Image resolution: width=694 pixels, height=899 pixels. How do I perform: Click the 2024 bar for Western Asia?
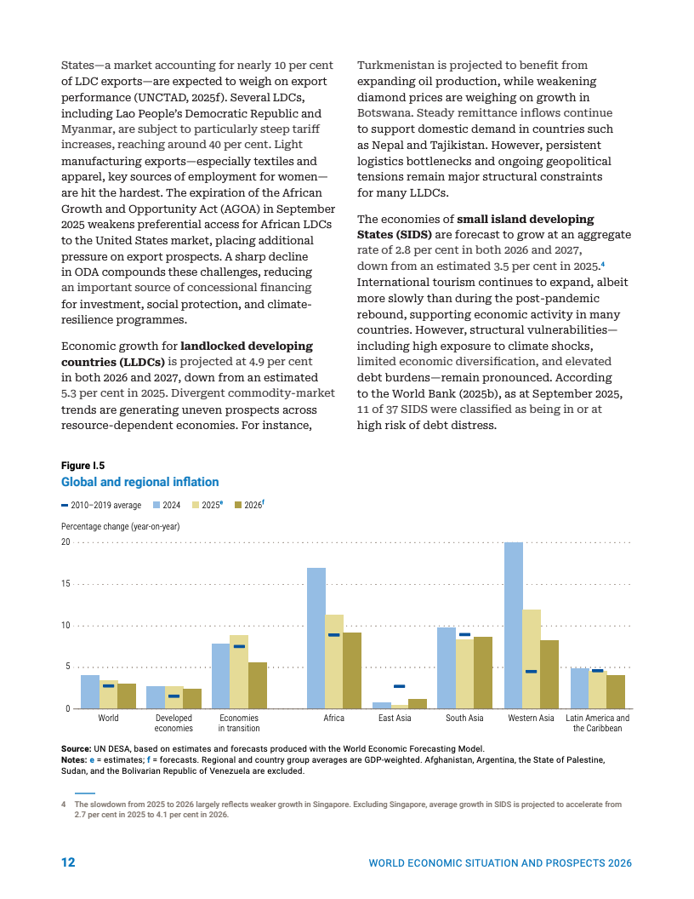point(514,626)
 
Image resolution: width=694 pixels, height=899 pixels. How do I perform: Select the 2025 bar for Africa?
point(334,661)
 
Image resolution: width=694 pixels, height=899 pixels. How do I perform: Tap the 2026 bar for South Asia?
point(483,673)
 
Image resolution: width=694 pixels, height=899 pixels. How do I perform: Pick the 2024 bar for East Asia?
point(382,706)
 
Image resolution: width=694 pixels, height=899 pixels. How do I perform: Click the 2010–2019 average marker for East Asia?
point(399,686)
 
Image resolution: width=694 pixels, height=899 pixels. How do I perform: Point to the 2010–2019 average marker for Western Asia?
point(531,672)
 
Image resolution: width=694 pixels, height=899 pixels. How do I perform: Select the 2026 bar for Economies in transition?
point(258,685)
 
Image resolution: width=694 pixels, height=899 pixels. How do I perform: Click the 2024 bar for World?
point(90,691)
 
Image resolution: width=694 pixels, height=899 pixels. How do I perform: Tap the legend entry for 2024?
point(166,505)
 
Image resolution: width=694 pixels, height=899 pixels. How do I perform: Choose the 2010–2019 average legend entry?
point(102,505)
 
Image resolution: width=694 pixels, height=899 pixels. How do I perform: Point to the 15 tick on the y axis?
point(66,584)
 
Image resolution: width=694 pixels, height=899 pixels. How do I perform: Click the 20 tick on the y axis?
point(66,542)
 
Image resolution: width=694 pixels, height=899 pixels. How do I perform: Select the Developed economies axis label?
point(173,723)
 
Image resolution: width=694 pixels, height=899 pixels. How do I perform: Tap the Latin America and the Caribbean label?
point(597,723)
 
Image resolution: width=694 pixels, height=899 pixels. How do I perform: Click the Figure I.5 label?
point(82,466)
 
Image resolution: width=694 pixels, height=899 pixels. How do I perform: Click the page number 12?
point(68,862)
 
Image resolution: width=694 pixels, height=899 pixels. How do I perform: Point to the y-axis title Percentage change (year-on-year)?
point(120,527)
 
